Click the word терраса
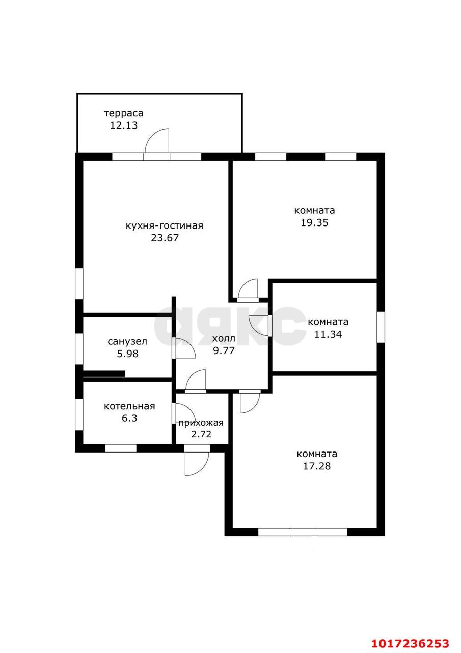[124, 113]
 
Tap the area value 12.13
[124, 125]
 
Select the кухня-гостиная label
[165, 225]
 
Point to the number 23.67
[165, 238]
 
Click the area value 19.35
[315, 222]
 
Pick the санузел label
[127, 342]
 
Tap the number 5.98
[127, 354]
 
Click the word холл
[224, 338]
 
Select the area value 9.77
[224, 350]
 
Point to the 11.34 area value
[328, 334]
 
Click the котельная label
[129, 406]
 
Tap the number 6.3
[129, 418]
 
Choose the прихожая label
[201, 423]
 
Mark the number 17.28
[317, 466]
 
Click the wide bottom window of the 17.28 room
[303, 532]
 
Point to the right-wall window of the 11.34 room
[381, 327]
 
